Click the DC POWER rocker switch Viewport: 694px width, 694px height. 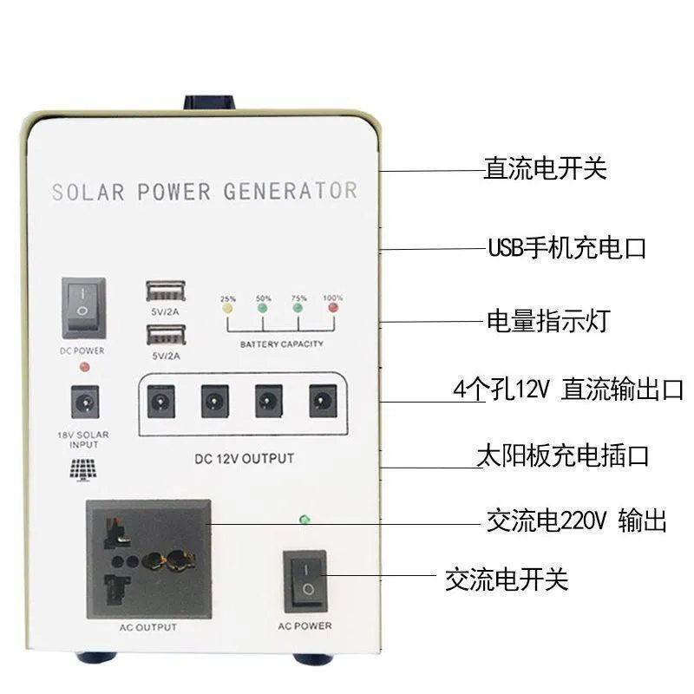pos(83,308)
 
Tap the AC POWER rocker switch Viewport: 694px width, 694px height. pos(305,580)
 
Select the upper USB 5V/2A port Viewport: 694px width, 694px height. pos(166,291)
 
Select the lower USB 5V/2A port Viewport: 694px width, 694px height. pos(166,334)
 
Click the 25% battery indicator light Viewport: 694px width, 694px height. pos(228,307)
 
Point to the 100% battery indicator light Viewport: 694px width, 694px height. pos(332,307)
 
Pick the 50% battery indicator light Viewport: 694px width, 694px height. pos(263,307)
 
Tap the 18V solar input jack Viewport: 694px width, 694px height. pos(84,401)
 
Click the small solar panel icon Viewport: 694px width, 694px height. pos(84,468)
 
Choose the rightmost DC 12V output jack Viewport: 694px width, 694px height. pos(322,401)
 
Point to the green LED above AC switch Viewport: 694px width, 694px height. pos(304,520)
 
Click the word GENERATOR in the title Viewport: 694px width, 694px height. pos(291,191)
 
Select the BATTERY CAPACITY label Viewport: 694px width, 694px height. pos(281,344)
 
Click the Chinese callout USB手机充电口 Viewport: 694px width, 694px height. pos(566,248)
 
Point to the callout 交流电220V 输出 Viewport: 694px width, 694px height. pos(576,521)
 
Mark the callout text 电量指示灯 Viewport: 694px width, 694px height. pos(547,321)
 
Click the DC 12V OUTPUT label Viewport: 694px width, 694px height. pos(244,458)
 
